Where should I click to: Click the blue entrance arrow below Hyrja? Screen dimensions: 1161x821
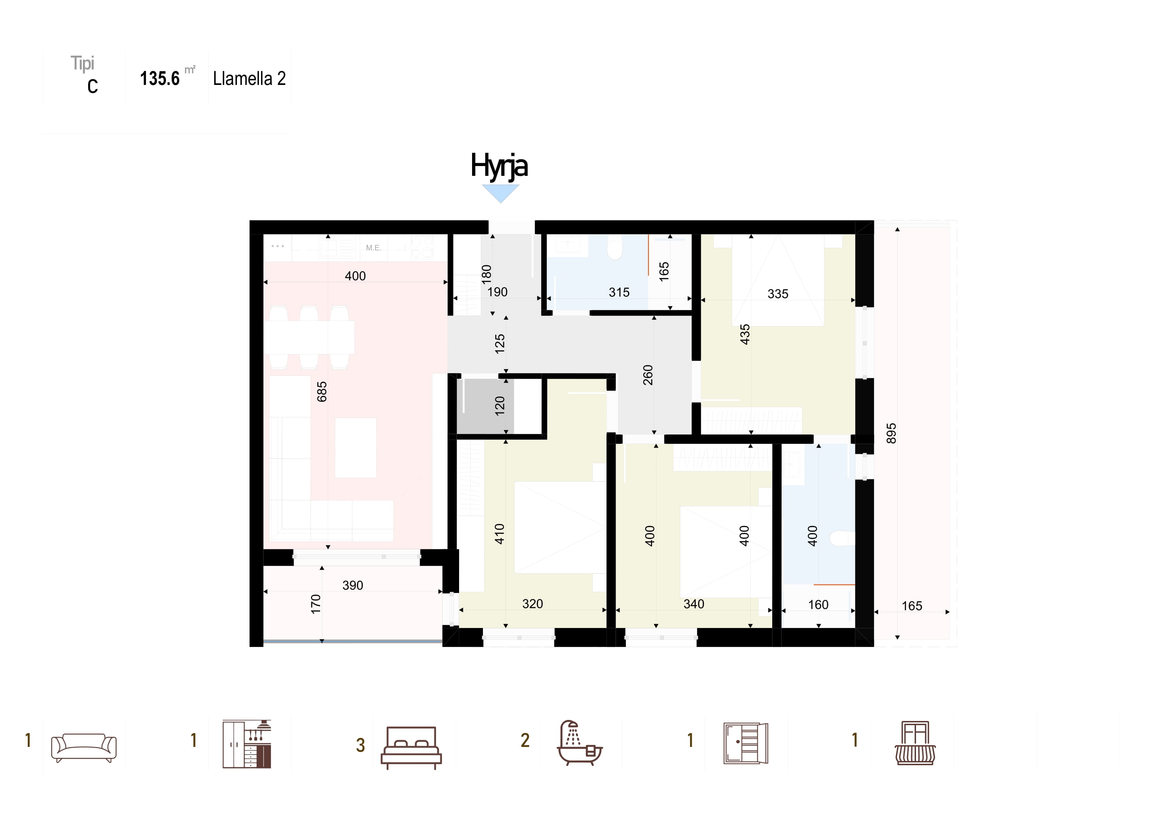click(x=500, y=193)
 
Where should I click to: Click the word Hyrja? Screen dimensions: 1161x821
click(x=499, y=166)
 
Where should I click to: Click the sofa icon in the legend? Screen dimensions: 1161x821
click(x=84, y=748)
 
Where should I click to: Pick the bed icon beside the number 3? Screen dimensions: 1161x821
click(x=411, y=748)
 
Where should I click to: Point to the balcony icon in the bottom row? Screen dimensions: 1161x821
click(x=915, y=743)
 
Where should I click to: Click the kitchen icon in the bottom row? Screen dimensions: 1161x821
click(x=247, y=744)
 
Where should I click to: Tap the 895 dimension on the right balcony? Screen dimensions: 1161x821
click(x=891, y=433)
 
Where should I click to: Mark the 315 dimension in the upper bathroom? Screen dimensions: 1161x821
click(x=619, y=292)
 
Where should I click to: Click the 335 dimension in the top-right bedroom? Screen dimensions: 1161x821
click(x=778, y=294)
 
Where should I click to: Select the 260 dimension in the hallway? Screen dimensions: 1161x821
click(x=648, y=375)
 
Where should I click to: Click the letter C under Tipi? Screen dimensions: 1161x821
click(x=93, y=86)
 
